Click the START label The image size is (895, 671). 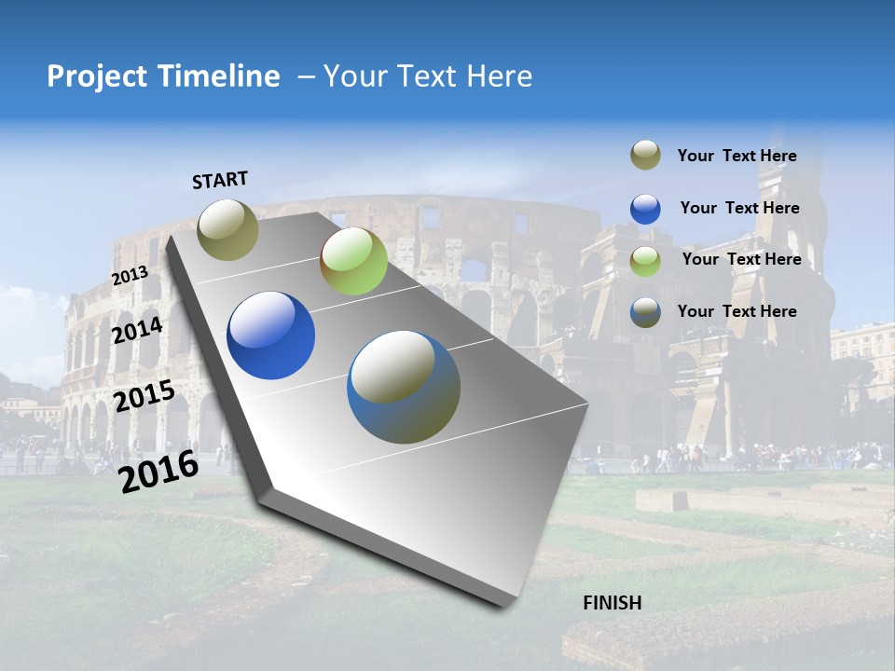tap(220, 180)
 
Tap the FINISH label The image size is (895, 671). tap(612, 603)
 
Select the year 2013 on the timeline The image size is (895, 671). tap(130, 276)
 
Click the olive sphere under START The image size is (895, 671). tap(227, 229)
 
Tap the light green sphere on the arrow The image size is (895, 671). tap(353, 261)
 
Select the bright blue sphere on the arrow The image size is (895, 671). tap(270, 335)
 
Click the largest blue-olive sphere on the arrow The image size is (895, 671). tap(404, 387)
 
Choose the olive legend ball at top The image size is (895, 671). tap(645, 156)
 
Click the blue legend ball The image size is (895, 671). tap(645, 209)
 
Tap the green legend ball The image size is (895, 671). tap(645, 260)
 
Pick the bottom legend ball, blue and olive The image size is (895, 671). tap(645, 312)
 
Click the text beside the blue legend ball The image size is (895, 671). tap(739, 208)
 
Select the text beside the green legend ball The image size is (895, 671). tap(741, 259)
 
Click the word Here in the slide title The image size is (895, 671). tap(499, 76)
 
